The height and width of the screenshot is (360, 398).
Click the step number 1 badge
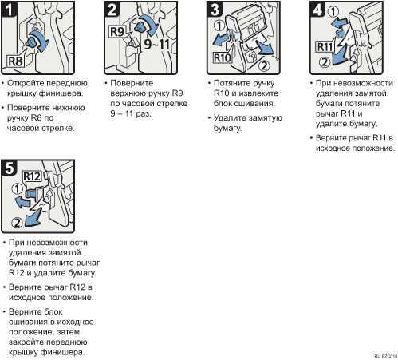(x=9, y=10)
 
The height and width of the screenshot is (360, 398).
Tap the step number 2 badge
(x=112, y=10)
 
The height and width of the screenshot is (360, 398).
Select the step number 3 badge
(x=215, y=10)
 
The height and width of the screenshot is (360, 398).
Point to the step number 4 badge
(x=317, y=10)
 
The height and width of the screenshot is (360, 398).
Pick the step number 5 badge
(x=9, y=168)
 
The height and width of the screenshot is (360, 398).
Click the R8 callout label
(x=15, y=61)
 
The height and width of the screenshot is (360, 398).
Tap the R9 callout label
(x=117, y=32)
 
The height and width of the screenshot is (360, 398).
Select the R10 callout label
(x=223, y=57)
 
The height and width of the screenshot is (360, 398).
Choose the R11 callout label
(x=325, y=47)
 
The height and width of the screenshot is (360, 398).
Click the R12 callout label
(x=32, y=176)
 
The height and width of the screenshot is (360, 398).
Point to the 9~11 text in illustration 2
(x=156, y=44)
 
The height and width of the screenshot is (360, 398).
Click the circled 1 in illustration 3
(x=219, y=26)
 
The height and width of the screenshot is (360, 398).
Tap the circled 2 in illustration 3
(x=264, y=65)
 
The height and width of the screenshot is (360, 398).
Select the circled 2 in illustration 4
(x=325, y=62)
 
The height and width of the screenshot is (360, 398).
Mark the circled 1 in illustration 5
(x=17, y=189)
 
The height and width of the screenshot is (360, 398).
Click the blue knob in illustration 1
(x=32, y=42)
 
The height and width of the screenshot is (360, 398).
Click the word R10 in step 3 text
(x=221, y=93)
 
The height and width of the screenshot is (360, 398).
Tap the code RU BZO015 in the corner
(x=386, y=356)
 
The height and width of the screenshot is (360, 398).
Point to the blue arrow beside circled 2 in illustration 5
(x=33, y=217)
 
